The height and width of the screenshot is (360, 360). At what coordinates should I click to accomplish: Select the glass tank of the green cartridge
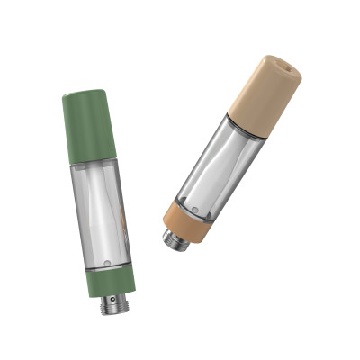point(100,211)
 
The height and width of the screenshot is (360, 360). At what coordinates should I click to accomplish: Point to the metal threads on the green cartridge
point(115,303)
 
